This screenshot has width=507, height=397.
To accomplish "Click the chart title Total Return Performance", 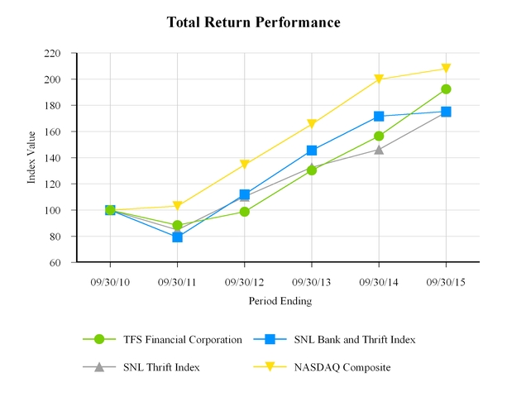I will tap(253, 22).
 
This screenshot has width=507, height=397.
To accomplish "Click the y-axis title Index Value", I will tap(32, 157).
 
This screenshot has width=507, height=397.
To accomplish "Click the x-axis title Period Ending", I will tap(280, 302).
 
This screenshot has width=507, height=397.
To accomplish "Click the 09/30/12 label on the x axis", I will tap(244, 281).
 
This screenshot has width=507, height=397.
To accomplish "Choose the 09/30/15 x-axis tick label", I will tap(446, 281).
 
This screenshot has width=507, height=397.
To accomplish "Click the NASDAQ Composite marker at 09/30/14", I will tap(379, 79).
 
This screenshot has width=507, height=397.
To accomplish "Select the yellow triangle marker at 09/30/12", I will tap(244, 165).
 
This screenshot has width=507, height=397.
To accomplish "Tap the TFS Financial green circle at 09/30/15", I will tap(446, 89).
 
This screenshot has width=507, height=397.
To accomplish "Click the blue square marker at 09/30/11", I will tap(177, 237).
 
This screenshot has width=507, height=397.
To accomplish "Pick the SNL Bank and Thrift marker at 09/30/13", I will tap(312, 151).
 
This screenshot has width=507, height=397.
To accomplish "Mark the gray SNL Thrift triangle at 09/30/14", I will tap(379, 150).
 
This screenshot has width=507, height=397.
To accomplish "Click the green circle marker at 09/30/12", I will tap(244, 212).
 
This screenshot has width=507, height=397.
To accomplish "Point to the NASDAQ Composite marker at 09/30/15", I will tap(446, 69).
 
